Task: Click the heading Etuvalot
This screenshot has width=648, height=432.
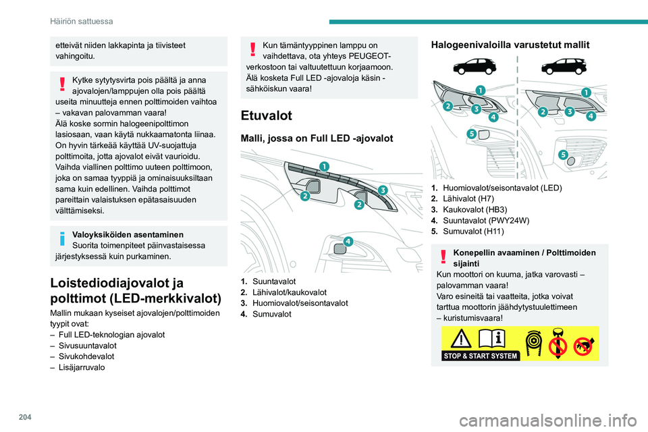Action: [267, 115]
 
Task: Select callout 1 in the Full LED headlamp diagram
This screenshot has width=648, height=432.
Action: [325, 167]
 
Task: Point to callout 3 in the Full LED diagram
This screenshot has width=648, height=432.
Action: [382, 190]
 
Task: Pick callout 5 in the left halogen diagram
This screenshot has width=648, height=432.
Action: [471, 134]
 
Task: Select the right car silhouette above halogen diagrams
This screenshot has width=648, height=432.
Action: [563, 66]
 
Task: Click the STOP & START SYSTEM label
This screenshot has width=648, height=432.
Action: [481, 355]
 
